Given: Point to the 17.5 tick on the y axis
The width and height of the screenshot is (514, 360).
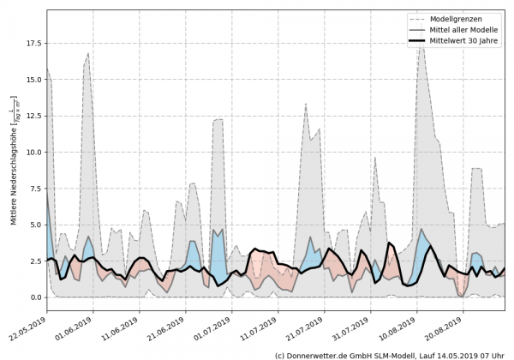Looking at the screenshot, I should click(x=33, y=43).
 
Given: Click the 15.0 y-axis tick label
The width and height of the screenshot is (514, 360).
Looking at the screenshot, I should click(x=33, y=80).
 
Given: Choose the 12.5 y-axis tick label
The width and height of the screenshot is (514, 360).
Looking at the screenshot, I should click(x=33, y=116).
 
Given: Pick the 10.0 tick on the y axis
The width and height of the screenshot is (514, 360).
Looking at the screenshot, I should click(x=33, y=152).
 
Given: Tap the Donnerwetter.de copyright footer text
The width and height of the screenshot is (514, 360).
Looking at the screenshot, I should click(x=390, y=354).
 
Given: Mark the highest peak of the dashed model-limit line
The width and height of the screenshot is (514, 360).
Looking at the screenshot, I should click(x=421, y=39).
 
